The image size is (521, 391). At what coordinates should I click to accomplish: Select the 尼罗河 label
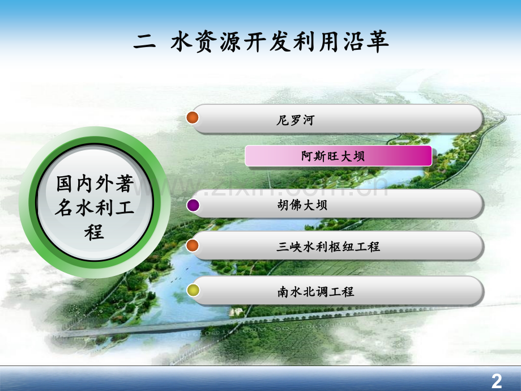coord(295,121)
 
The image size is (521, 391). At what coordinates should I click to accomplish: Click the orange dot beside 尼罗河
coord(193,118)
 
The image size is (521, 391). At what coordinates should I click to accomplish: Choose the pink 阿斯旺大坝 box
coord(338,156)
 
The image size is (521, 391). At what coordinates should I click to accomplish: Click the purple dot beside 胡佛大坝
coord(193,205)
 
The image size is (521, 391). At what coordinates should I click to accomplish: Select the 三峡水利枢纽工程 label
coord(328,246)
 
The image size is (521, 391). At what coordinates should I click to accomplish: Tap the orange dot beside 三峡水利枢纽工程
coord(193,246)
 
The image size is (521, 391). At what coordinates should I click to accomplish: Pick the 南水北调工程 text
coord(315,292)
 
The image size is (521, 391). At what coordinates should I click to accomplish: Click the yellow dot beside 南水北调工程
coord(193,291)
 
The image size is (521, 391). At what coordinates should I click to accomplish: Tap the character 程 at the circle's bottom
coord(95,232)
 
